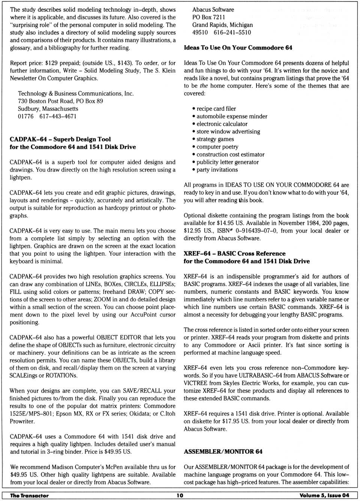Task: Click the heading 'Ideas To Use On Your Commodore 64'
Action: [238, 48]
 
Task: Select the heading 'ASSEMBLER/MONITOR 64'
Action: [223, 451]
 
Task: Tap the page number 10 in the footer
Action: [180, 495]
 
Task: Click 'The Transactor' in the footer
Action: [29, 495]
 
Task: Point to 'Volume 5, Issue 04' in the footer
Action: [324, 495]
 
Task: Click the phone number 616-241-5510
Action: [232, 32]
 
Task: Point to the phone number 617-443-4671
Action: [58, 116]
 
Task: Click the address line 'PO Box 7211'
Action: [208, 17]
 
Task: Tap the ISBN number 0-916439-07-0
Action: [252, 230]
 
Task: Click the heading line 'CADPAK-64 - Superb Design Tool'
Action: [60, 139]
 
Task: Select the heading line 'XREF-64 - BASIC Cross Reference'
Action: [234, 253]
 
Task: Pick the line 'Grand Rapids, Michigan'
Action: [222, 25]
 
